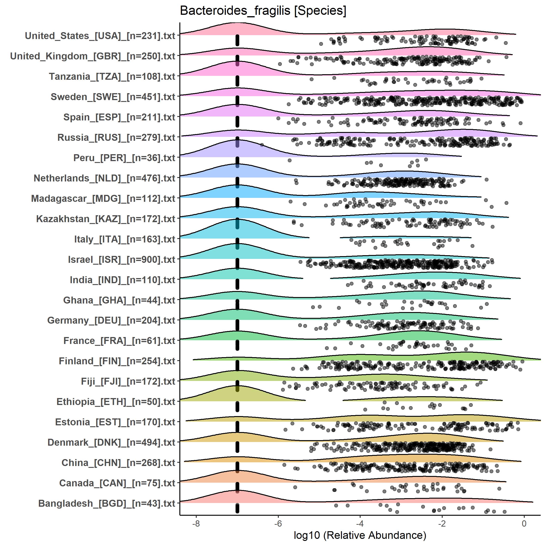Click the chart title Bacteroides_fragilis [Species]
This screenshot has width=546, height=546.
(263, 11)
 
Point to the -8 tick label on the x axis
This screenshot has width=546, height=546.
(196, 523)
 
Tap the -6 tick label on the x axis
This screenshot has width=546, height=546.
(278, 523)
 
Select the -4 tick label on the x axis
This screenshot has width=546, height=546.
(360, 523)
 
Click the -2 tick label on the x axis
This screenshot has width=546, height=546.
(442, 523)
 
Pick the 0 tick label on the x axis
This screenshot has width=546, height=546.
(524, 523)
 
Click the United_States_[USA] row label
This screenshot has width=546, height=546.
(100, 36)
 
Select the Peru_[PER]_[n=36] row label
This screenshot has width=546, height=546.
(124, 158)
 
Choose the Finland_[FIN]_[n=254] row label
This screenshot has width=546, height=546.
(117, 361)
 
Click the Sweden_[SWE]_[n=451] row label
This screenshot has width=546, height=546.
(113, 97)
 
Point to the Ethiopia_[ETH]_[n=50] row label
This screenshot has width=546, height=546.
(116, 402)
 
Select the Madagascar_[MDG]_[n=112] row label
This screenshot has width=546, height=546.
(103, 199)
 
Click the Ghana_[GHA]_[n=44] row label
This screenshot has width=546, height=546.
(119, 300)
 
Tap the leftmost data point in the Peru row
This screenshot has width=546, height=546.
(289, 160)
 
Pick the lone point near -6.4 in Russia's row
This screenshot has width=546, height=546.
(262, 145)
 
